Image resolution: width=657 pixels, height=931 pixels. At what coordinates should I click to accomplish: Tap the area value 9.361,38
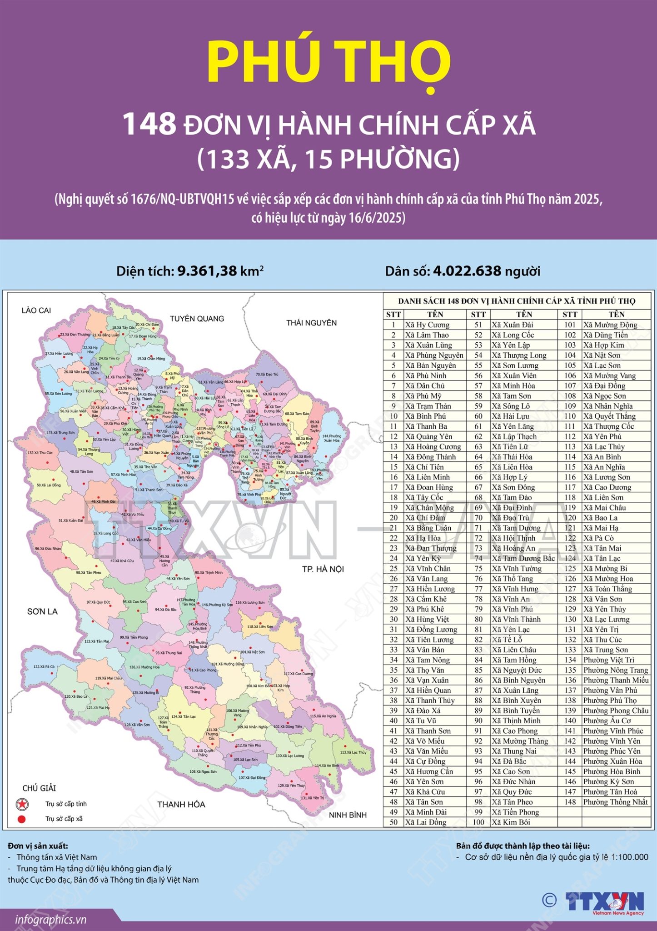pos(207,271)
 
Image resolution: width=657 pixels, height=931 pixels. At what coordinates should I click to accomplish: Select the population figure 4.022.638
pos(467,271)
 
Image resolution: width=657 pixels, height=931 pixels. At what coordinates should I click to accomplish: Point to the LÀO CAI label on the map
pos(36,310)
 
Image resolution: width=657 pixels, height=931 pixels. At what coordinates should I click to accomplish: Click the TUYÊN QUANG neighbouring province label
pos(197,319)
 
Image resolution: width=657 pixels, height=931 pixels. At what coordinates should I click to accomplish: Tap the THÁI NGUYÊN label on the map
pos(311,323)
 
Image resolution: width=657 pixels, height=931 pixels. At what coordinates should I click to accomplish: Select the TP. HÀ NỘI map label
pos(323,569)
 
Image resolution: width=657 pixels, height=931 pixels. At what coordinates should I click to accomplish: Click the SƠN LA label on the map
pos(42,611)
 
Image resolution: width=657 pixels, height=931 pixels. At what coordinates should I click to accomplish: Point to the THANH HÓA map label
pos(181,804)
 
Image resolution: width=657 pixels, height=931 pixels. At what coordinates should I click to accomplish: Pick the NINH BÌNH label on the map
pos(348,815)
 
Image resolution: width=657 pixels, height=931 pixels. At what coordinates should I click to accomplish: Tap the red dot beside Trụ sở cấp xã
pos(21,819)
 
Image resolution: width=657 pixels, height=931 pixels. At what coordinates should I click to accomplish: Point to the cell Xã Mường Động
pos(610,325)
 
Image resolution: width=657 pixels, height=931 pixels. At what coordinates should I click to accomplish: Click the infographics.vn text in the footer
pos(50,920)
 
